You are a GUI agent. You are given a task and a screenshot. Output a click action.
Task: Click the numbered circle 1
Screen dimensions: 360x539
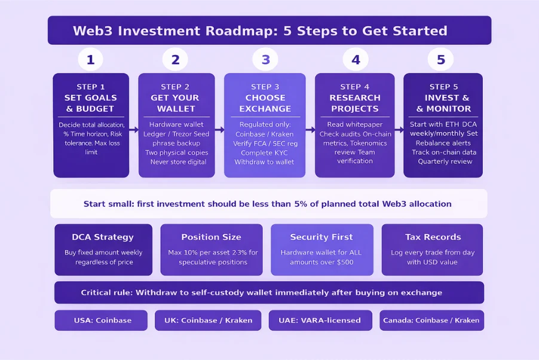click(x=90, y=60)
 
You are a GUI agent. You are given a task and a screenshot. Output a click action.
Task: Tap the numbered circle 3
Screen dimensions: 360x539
click(x=265, y=60)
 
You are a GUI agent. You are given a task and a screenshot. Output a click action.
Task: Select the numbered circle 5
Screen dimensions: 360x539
click(x=440, y=60)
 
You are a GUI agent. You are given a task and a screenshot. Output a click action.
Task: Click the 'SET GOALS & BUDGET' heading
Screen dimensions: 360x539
click(x=91, y=103)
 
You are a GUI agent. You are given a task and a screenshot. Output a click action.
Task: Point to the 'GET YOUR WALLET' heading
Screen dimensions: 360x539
click(x=176, y=103)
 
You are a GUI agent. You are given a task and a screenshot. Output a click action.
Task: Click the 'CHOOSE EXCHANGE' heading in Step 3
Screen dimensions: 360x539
click(x=265, y=103)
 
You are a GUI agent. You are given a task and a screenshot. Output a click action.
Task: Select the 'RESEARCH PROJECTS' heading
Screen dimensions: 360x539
click(x=354, y=103)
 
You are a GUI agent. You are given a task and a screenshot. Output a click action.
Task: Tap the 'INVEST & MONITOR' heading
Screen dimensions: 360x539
click(x=443, y=103)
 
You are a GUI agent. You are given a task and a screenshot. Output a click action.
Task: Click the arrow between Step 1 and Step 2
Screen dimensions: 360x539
click(x=134, y=129)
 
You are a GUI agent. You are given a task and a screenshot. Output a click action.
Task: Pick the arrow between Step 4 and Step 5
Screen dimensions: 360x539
click(x=399, y=129)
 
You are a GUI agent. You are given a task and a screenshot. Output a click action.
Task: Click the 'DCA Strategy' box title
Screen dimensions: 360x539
click(x=103, y=237)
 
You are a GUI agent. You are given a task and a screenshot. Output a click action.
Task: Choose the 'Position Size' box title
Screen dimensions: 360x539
click(x=211, y=237)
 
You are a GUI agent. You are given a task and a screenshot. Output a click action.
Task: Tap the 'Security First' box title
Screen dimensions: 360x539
click(x=321, y=237)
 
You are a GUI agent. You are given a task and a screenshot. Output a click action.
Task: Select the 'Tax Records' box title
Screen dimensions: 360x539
click(x=432, y=237)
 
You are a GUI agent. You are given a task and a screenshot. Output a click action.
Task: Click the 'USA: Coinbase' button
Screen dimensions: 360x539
click(x=101, y=320)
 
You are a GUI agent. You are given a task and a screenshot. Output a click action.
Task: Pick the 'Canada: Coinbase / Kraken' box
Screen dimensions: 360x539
click(x=431, y=320)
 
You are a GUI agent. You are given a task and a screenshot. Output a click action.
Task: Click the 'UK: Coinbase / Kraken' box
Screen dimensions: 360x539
click(x=208, y=320)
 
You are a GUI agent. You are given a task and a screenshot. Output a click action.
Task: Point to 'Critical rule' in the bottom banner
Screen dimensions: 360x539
click(x=106, y=292)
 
